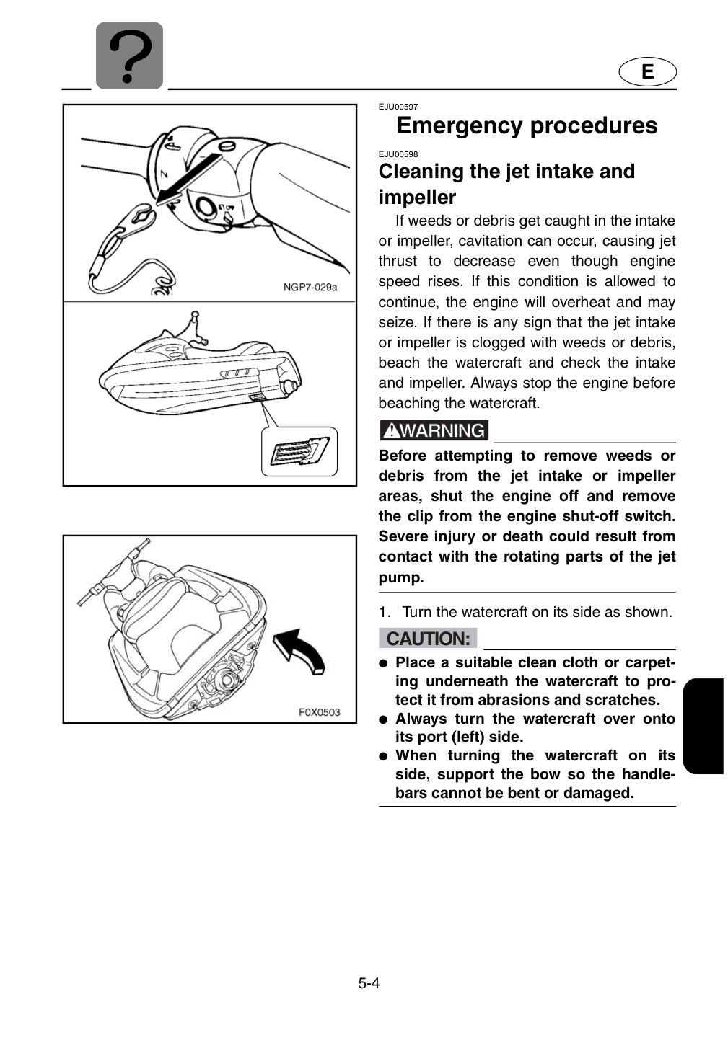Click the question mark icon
[x=129, y=56]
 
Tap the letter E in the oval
[x=647, y=72]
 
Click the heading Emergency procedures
[x=527, y=125]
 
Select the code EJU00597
[x=398, y=107]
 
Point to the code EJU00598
[x=398, y=154]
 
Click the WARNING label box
[x=434, y=430]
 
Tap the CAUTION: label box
[x=428, y=638]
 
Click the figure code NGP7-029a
[x=310, y=288]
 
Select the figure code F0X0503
[x=319, y=711]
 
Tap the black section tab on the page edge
[x=703, y=726]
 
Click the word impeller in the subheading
[x=417, y=197]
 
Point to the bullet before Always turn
[x=383, y=719]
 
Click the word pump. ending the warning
[x=401, y=578]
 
